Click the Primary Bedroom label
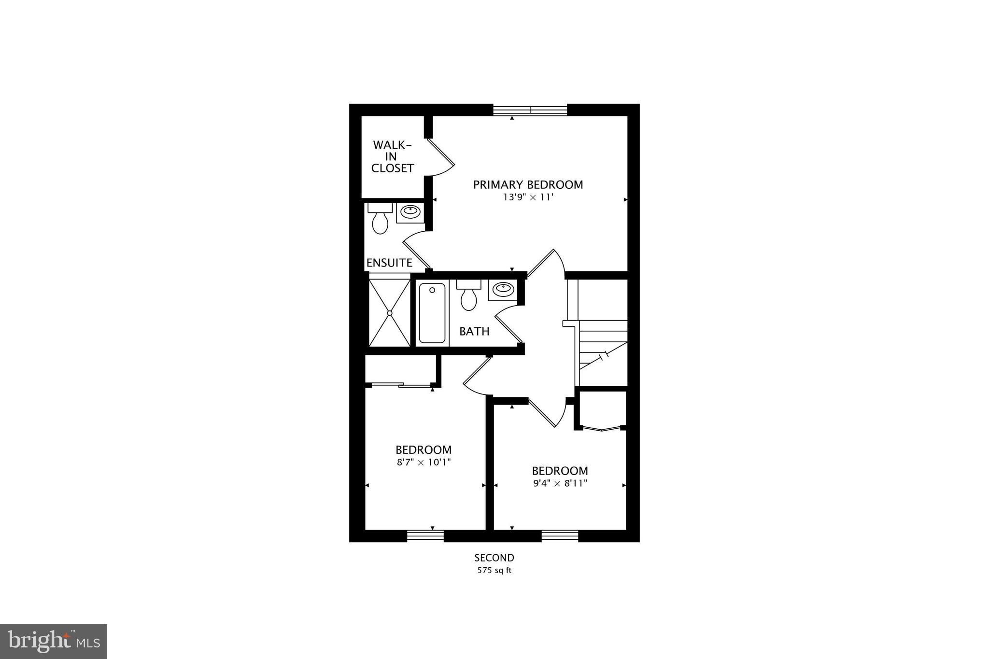(x=528, y=184)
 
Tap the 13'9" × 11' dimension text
(x=528, y=197)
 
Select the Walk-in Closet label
(x=392, y=156)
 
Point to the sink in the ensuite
(x=410, y=211)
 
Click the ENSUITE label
(x=389, y=263)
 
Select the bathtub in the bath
(x=432, y=313)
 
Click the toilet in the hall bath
(x=468, y=295)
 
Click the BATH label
(x=474, y=331)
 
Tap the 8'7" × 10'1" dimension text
(x=424, y=462)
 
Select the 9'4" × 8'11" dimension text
(x=560, y=483)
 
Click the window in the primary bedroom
(x=530, y=110)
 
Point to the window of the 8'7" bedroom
(x=425, y=536)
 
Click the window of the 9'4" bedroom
(x=560, y=536)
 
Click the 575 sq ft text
(x=494, y=570)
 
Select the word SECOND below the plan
(x=494, y=558)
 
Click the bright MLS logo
(x=54, y=641)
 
